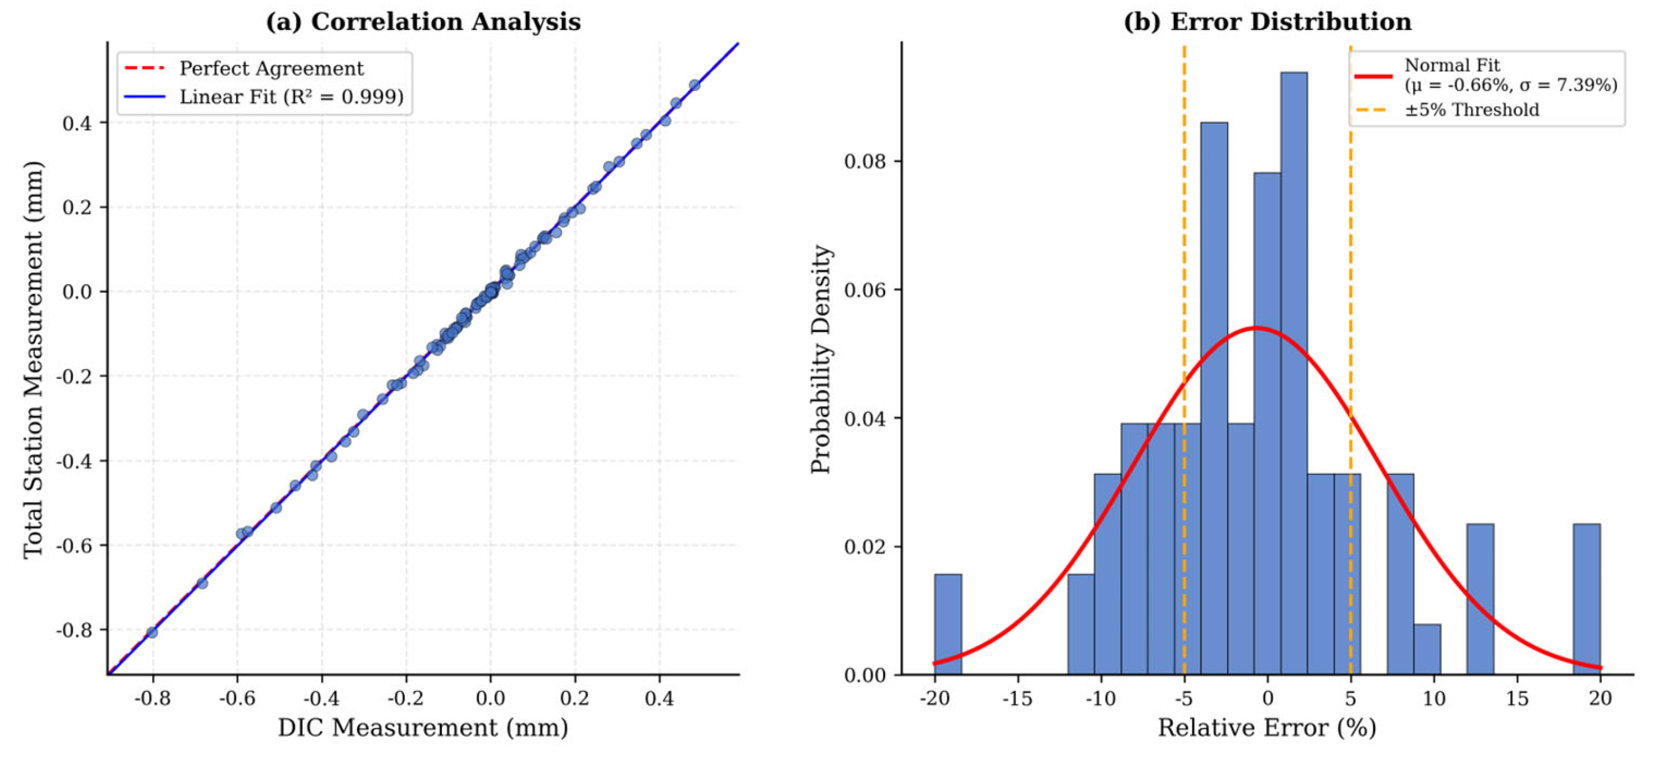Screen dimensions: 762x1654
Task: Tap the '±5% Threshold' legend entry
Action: (x=1471, y=110)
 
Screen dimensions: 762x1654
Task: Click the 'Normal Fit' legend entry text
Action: (x=1452, y=65)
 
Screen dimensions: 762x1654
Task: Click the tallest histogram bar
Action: (x=1293, y=373)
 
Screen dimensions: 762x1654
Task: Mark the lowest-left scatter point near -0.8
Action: (x=152, y=632)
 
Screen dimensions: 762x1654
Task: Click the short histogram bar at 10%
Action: (x=1427, y=649)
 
